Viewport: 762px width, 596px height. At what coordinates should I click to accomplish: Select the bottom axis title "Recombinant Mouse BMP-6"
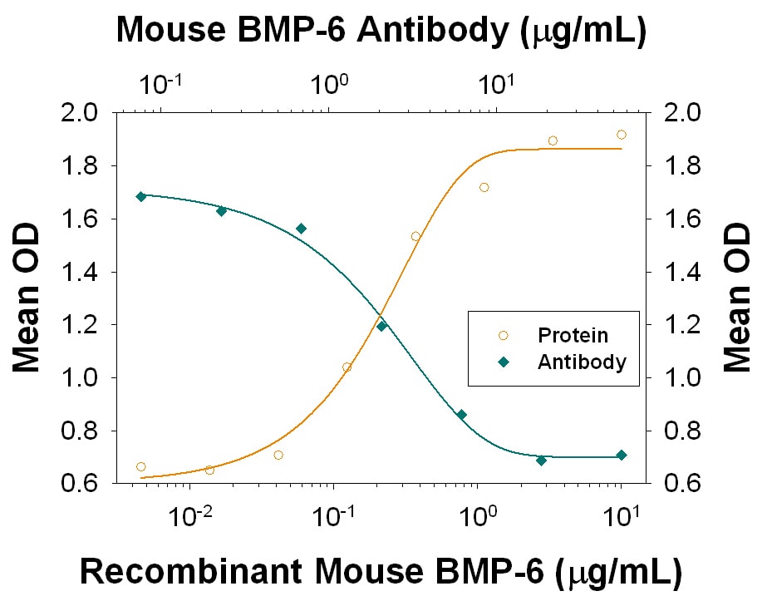[381, 572]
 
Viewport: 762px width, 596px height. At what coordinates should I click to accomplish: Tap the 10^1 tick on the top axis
[496, 85]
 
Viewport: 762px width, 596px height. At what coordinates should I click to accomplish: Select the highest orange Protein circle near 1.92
[622, 135]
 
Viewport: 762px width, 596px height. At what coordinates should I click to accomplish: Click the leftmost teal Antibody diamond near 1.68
[140, 196]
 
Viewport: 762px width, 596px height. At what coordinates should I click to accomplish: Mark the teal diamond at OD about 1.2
[381, 326]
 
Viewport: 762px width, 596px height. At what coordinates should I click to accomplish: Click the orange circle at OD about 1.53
[415, 237]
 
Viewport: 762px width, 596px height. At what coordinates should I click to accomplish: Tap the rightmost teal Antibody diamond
[621, 455]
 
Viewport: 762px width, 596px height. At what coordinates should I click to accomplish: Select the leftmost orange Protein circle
[140, 467]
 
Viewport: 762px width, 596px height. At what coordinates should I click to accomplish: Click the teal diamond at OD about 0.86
[461, 415]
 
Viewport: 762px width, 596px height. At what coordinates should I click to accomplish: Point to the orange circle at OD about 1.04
[347, 367]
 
